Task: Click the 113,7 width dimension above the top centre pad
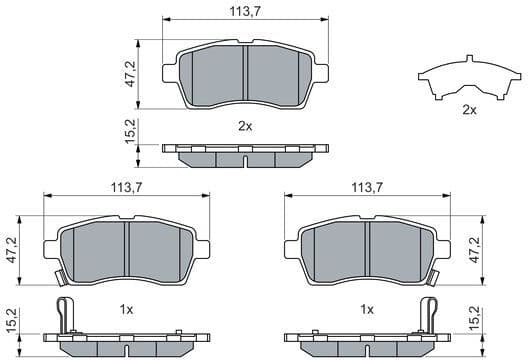(245, 11)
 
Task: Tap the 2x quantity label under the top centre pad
(245, 126)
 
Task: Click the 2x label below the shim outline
(469, 110)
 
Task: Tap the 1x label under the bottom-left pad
(128, 310)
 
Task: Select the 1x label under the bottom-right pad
(367, 310)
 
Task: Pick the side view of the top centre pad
(245, 154)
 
